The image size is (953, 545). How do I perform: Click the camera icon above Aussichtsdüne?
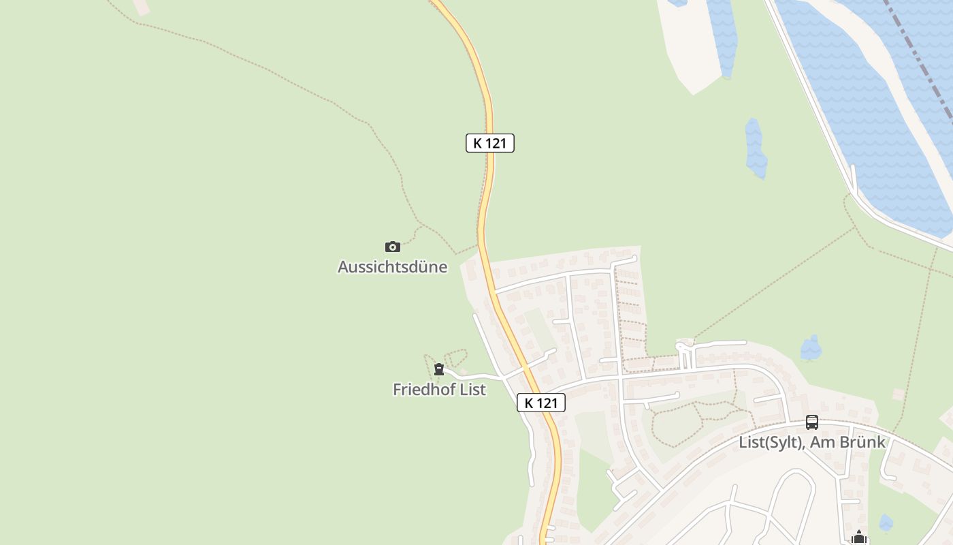pos(393,247)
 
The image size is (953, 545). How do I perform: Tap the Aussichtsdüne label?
pos(393,267)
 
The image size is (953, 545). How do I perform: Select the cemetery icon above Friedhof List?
pos(439,370)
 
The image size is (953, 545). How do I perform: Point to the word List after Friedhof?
pos(472,390)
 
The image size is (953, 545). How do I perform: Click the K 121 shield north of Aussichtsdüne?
pos(489,143)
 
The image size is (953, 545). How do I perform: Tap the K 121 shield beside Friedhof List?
pos(541,403)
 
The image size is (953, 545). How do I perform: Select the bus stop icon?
pos(812,422)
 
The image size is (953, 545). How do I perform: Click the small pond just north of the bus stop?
pos(811,348)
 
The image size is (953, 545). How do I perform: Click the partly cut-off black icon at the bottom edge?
pos(859,538)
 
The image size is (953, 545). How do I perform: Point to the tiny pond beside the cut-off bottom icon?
pos(885,523)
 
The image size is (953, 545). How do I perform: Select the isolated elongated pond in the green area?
pos(755,149)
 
